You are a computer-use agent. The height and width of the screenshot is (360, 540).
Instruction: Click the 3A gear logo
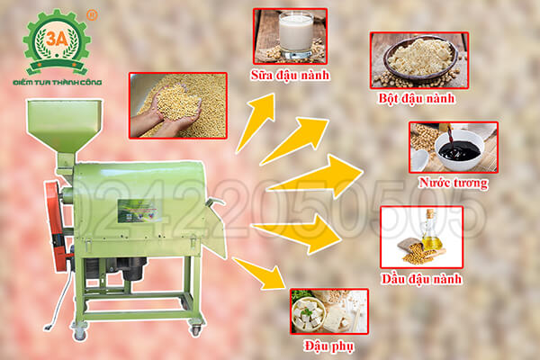pos(56,41)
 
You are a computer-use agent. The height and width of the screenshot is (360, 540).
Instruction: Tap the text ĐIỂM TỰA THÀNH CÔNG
pos(55,82)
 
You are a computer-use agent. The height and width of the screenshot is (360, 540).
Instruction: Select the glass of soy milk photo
pos(289,35)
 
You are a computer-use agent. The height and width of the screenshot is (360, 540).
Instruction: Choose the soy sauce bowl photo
pos(447,147)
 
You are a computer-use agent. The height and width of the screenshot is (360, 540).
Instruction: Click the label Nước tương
pos(458,184)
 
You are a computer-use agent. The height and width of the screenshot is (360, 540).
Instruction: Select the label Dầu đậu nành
pos(421,278)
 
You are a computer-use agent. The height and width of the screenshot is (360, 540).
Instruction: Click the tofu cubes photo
pos(328,310)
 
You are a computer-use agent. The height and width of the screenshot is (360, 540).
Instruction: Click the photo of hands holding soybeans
pos(177,105)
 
